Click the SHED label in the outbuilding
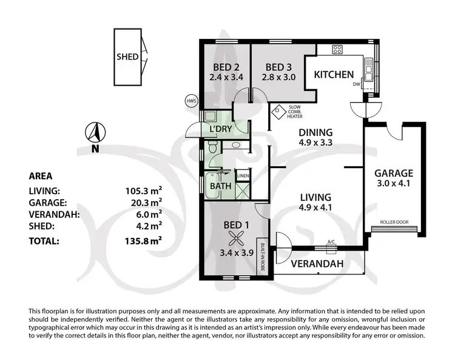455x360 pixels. (127, 57)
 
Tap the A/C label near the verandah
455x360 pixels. (331, 242)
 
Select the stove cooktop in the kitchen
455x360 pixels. (338, 50)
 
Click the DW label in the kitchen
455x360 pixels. (357, 84)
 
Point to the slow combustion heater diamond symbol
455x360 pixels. (279, 112)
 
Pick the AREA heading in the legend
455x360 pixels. (41, 177)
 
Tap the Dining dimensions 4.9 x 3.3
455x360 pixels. (315, 144)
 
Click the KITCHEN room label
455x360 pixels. (333, 75)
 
